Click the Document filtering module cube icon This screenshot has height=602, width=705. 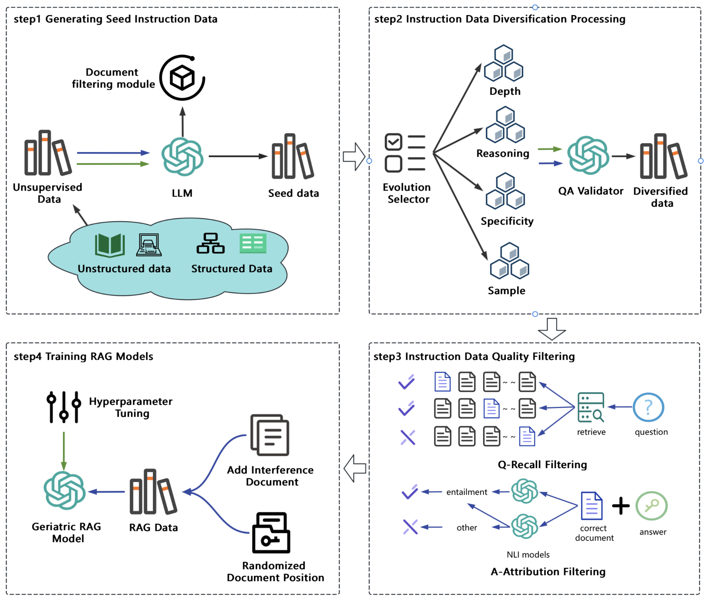pyautogui.click(x=182, y=78)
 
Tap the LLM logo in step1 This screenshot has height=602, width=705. pyautogui.click(x=182, y=157)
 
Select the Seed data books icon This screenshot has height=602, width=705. pyautogui.click(x=293, y=157)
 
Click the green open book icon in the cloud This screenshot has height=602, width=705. pyautogui.click(x=110, y=245)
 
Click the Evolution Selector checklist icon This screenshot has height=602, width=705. pyautogui.click(x=405, y=153)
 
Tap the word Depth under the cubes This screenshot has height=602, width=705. pyautogui.click(x=505, y=91)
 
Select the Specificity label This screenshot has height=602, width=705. pyautogui.click(x=507, y=221)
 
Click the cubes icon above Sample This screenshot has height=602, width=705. pyautogui.click(x=509, y=260)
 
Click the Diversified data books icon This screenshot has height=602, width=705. pyautogui.click(x=663, y=157)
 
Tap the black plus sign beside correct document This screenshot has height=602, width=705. pyautogui.click(x=621, y=506)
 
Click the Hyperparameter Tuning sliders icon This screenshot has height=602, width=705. pyautogui.click(x=64, y=407)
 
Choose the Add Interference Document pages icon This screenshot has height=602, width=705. pyautogui.click(x=270, y=435)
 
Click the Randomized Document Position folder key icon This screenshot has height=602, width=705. pyautogui.click(x=271, y=533)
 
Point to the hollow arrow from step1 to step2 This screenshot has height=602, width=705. pyautogui.click(x=354, y=157)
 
